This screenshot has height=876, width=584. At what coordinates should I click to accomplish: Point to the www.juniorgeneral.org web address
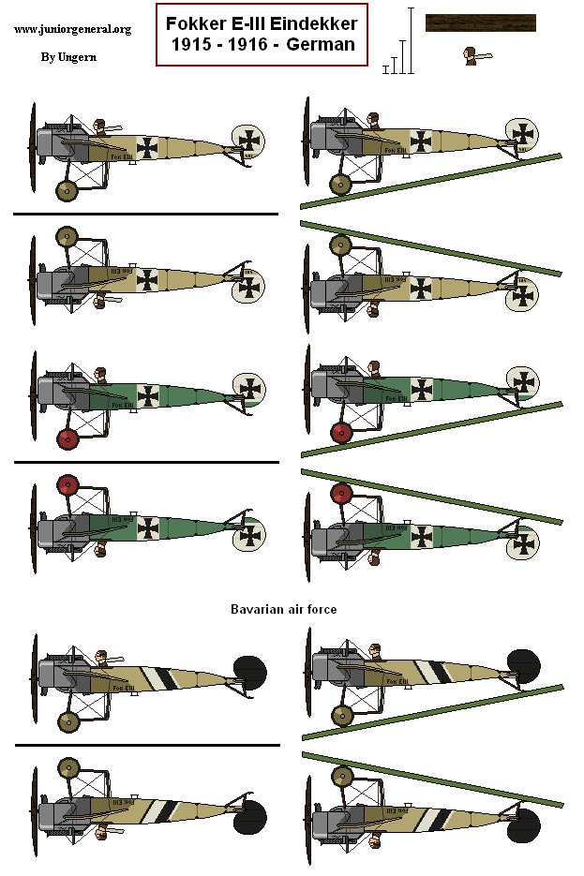click(72, 29)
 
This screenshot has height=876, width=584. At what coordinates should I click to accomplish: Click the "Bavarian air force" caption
click(283, 609)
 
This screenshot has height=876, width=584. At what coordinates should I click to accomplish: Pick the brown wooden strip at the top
click(480, 23)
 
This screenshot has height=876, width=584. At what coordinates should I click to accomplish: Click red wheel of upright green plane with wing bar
click(341, 433)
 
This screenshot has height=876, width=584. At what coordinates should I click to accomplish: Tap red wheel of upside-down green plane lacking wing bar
click(67, 484)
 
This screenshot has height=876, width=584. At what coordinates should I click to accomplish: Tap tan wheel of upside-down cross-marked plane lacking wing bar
click(67, 237)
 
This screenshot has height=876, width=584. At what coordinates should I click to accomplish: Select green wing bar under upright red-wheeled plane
click(431, 429)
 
